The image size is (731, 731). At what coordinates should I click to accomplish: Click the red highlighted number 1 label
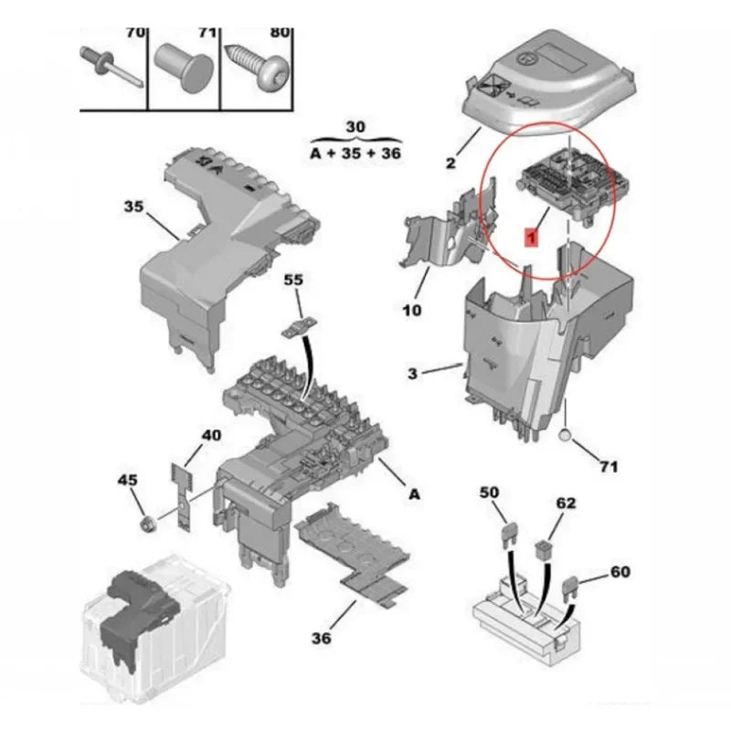pyautogui.click(x=531, y=237)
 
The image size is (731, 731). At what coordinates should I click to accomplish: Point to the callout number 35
pyautogui.click(x=133, y=207)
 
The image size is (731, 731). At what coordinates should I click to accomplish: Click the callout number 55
pyautogui.click(x=293, y=280)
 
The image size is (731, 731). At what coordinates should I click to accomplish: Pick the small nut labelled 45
pyautogui.click(x=149, y=524)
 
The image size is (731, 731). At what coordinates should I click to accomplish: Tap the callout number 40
pyautogui.click(x=211, y=436)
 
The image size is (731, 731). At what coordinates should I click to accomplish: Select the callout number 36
pyautogui.click(x=322, y=638)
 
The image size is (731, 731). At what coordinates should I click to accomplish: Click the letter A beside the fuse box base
pyautogui.click(x=414, y=494)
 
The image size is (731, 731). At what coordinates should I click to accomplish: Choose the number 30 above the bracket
pyautogui.click(x=355, y=127)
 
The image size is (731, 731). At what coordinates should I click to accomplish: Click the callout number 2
pyautogui.click(x=450, y=164)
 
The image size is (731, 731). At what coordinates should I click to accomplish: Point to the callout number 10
pyautogui.click(x=412, y=310)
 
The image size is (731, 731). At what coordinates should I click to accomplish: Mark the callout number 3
pyautogui.click(x=412, y=374)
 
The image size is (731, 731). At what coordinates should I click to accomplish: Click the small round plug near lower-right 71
pyautogui.click(x=565, y=436)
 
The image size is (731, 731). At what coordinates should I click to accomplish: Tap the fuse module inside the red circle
pyautogui.click(x=573, y=185)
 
